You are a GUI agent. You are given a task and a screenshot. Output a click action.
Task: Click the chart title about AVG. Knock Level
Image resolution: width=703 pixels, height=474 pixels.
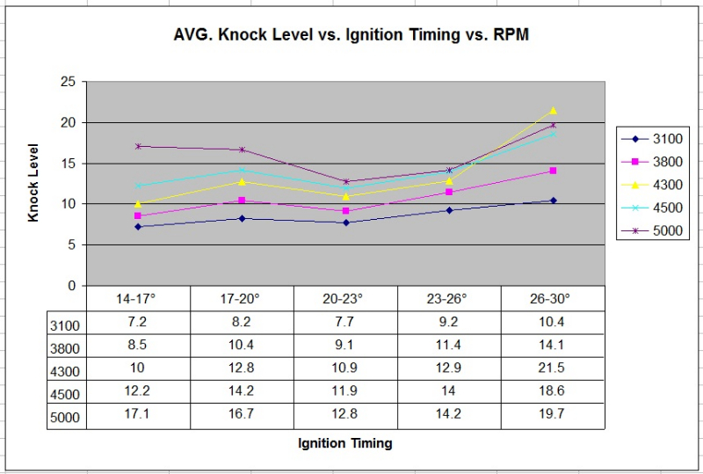(x=351, y=37)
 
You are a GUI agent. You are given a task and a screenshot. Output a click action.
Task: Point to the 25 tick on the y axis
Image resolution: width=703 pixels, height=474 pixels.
(x=68, y=82)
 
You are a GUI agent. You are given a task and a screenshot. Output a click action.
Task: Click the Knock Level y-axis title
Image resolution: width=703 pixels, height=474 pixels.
(x=33, y=182)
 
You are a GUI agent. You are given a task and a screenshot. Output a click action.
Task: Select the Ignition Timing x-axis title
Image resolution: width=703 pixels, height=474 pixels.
(x=345, y=443)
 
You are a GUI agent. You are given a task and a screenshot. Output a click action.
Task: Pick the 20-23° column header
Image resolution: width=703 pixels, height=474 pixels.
(x=345, y=299)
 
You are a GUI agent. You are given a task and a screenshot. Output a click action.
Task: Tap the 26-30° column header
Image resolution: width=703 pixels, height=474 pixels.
(x=553, y=299)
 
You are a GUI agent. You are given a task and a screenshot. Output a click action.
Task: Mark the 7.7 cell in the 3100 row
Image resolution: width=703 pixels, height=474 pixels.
(x=345, y=323)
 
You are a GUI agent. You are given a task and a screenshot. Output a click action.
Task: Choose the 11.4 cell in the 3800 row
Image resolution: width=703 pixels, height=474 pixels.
(x=449, y=346)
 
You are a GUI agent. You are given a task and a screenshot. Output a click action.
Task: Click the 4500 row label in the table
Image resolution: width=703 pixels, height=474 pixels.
(x=65, y=394)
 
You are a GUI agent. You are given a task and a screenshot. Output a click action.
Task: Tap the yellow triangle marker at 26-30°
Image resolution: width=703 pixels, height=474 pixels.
(x=553, y=111)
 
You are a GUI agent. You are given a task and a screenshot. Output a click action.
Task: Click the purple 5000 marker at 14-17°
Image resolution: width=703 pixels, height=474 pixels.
(x=138, y=146)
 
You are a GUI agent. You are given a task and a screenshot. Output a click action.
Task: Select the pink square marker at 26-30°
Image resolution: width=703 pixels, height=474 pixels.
(x=553, y=171)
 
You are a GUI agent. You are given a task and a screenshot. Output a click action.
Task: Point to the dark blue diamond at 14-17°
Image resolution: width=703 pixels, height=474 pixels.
(x=138, y=227)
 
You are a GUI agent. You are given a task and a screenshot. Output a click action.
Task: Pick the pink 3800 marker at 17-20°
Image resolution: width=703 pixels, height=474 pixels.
(x=242, y=201)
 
